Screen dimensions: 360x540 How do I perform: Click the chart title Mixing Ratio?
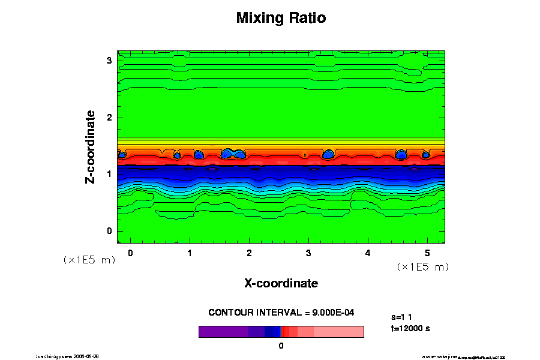click(281, 18)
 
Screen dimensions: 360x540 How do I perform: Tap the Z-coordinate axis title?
click(91, 147)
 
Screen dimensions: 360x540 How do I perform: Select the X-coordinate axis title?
click(281, 283)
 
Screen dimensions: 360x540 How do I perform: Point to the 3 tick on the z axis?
click(109, 61)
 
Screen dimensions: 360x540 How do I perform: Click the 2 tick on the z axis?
click(109, 118)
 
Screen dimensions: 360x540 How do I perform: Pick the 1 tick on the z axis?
click(109, 174)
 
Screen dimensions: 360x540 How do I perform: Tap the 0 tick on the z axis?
click(109, 231)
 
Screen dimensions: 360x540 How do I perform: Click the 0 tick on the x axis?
click(130, 253)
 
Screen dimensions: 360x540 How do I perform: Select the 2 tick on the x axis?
click(249, 253)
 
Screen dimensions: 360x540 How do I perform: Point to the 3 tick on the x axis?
click(308, 253)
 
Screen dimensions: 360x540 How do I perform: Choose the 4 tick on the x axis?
click(368, 253)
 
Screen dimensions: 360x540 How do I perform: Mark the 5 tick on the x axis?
click(427, 253)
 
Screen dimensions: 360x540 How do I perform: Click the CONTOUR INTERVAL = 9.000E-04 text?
click(281, 313)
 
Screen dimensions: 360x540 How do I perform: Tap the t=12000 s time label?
click(410, 328)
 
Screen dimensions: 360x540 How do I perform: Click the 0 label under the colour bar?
click(281, 346)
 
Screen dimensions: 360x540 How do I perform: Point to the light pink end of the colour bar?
click(348, 332)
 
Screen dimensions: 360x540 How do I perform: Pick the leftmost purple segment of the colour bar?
click(223, 332)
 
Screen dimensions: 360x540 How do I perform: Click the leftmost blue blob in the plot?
click(122, 155)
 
